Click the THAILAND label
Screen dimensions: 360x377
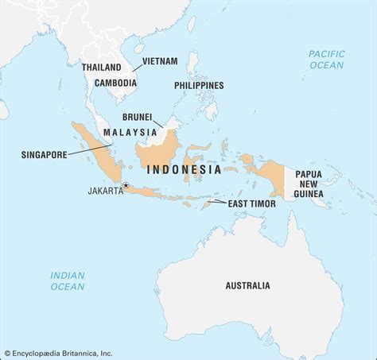tap(101, 68)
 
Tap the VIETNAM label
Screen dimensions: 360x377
tap(160, 60)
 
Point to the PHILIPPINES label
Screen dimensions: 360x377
tap(198, 85)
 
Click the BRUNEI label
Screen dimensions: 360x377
tap(137, 116)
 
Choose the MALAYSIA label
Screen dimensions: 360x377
tap(127, 131)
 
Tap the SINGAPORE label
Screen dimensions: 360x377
tap(43, 155)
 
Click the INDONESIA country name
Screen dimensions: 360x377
tap(184, 169)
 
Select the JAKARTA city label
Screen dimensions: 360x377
tap(106, 190)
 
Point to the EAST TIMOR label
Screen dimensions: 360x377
tap(252, 203)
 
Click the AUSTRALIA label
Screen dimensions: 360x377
tap(247, 285)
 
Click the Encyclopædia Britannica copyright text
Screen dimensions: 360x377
tap(60, 353)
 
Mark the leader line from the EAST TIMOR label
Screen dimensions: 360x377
tap(217, 202)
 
